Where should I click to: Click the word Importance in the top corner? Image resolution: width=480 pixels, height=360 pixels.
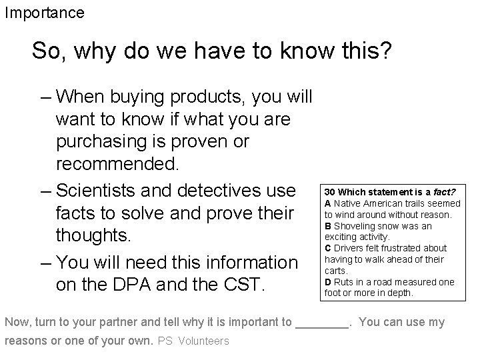45,13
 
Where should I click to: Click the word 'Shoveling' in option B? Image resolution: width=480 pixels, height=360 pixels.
356,227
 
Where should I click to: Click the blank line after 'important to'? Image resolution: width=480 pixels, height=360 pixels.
321,323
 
